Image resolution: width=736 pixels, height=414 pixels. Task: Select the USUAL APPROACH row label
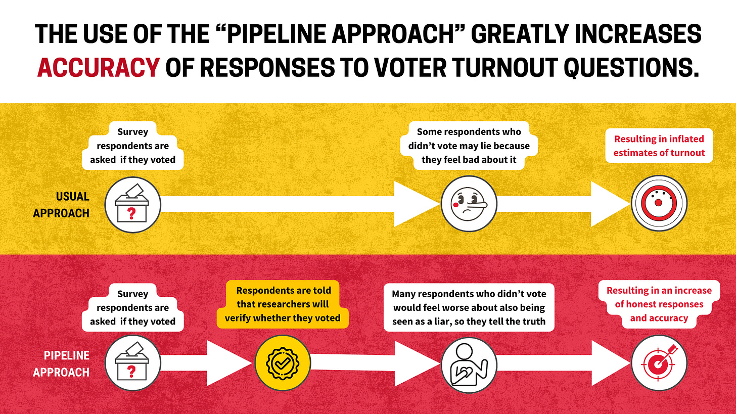point(61,205)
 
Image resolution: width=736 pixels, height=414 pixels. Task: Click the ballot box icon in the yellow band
point(132,205)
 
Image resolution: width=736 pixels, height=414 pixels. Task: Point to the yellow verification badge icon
point(283,363)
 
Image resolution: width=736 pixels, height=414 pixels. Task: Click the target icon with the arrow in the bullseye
point(659,363)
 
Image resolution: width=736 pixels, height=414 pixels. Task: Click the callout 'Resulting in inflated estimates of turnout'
point(659,146)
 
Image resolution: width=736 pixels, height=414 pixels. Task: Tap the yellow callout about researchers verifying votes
point(284,304)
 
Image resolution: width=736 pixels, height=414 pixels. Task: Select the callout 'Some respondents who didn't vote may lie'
point(469,146)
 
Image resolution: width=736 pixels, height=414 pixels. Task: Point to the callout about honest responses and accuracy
point(659,304)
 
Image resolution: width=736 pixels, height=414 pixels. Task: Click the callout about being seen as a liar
point(469,308)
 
